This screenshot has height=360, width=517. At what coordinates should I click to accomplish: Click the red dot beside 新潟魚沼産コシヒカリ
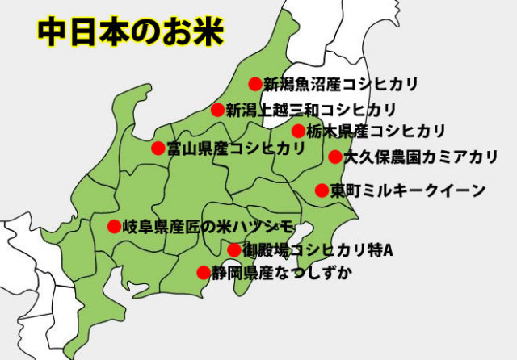(x=255, y=82)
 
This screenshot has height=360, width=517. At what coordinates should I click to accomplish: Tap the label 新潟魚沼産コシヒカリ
(x=339, y=82)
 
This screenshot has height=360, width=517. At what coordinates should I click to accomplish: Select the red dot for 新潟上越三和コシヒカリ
(x=217, y=110)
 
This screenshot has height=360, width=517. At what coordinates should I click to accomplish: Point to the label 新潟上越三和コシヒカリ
(x=311, y=110)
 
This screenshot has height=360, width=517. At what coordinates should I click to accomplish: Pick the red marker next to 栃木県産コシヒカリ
(x=298, y=130)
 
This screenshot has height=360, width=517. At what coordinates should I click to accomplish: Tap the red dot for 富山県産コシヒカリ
(x=158, y=148)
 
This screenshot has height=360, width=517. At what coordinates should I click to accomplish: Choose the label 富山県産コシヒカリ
(x=236, y=148)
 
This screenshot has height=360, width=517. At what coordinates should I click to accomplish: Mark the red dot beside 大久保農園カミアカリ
(x=334, y=157)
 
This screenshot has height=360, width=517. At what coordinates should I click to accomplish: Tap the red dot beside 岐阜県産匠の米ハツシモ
(x=114, y=226)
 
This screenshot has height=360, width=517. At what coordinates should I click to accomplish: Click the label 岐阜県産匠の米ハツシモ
(x=211, y=226)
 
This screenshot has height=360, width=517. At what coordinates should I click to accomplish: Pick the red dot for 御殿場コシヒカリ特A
(x=233, y=249)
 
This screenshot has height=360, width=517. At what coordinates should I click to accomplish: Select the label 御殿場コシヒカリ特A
(x=317, y=249)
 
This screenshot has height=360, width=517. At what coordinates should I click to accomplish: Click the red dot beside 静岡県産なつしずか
(x=203, y=272)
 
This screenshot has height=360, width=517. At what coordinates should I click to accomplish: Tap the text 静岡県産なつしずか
(x=282, y=272)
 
